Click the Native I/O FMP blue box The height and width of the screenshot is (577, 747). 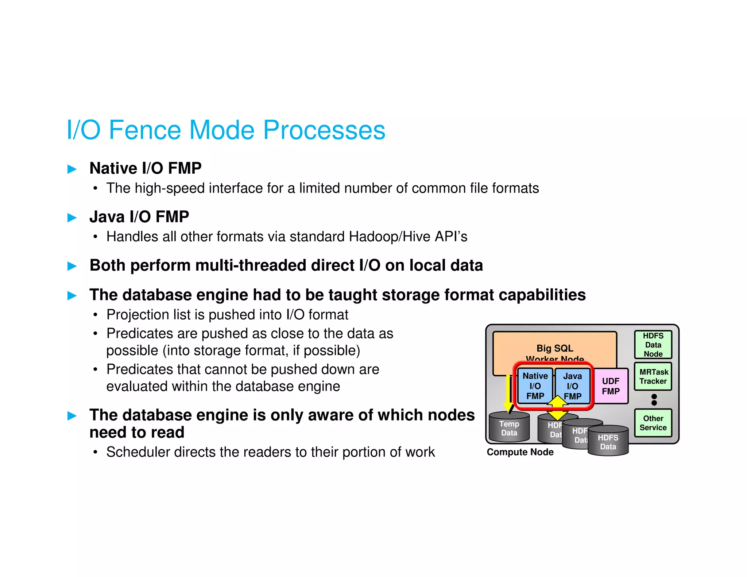point(535,386)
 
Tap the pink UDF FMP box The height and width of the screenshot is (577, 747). point(611,386)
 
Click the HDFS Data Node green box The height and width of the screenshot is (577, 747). point(653,345)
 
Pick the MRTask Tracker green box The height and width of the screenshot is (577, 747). point(653,376)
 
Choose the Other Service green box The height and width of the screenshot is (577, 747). point(653,423)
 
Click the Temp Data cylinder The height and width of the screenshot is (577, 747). point(509,429)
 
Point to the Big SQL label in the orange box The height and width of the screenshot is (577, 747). point(554,348)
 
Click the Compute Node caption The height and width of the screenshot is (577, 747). point(520,452)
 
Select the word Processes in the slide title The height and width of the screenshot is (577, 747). point(324,130)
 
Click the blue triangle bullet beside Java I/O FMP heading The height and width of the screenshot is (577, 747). point(72,218)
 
